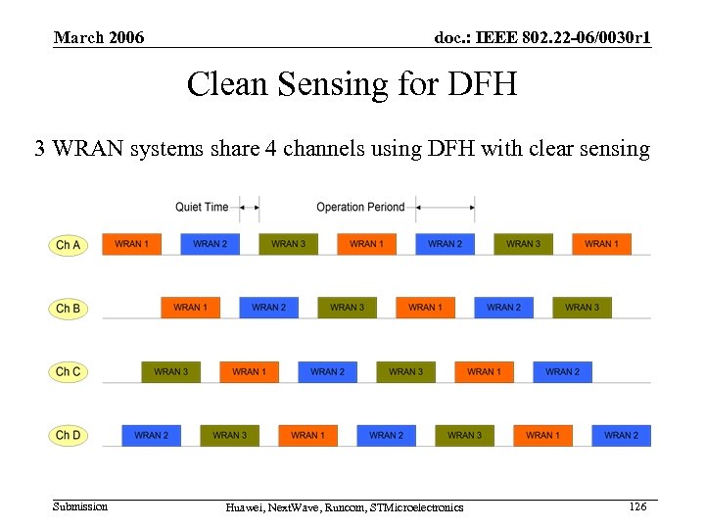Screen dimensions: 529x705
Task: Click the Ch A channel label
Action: point(68,244)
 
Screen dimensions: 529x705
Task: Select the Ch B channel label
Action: point(68,308)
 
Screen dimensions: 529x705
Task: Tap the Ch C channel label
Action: point(68,371)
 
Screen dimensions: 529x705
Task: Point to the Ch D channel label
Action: point(68,435)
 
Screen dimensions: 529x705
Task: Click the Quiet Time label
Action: point(202,207)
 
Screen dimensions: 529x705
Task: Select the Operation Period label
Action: point(360,207)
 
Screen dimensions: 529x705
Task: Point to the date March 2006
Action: point(99,38)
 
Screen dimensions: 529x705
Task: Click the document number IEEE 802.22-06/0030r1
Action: point(542,38)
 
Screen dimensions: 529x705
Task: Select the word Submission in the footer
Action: point(80,505)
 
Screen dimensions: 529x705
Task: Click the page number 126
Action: point(637,505)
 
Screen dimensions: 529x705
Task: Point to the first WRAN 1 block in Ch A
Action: point(131,244)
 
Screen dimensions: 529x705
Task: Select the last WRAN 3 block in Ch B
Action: point(582,308)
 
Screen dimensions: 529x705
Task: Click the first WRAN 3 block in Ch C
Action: point(170,371)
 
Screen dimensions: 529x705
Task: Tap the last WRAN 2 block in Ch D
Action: point(621,435)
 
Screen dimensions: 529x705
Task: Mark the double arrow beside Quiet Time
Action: point(249,207)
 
